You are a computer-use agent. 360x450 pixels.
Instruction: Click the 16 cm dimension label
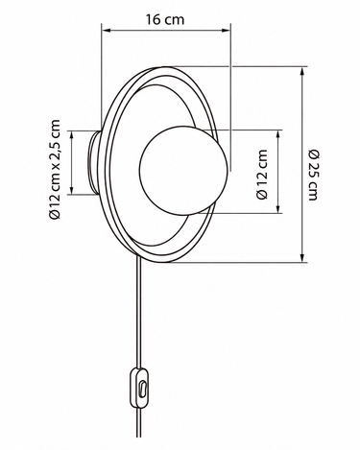pyautogui.click(x=165, y=19)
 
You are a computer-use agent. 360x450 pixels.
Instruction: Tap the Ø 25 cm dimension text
pyautogui.click(x=313, y=175)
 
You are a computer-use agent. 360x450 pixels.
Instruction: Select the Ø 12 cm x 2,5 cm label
pyautogui.click(x=55, y=169)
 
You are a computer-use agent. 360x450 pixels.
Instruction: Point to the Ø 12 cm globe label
pyautogui.click(x=262, y=175)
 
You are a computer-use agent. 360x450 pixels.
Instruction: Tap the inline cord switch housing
pyautogui.click(x=139, y=387)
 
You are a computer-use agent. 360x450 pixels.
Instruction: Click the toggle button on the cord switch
pyautogui.click(x=142, y=389)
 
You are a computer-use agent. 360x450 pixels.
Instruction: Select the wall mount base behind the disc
pyautogui.click(x=94, y=163)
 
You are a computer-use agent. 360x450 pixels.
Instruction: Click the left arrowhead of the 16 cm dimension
pyautogui.click(x=106, y=31)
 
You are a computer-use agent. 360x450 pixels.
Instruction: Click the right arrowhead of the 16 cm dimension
pyautogui.click(x=227, y=31)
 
